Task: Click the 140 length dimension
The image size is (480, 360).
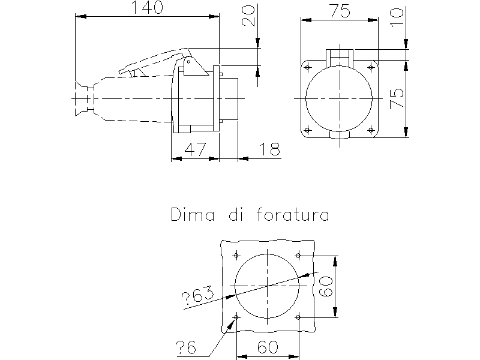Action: [x=147, y=7]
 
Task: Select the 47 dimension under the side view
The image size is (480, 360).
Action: [x=196, y=149]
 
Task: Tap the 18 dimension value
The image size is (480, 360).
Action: [x=269, y=149]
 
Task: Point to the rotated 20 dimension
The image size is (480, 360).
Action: [x=248, y=16]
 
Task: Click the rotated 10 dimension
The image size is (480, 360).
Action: [x=397, y=18]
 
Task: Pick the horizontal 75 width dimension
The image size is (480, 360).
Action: [x=340, y=11]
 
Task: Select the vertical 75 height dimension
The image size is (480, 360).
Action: [x=397, y=98]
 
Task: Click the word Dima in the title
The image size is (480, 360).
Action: [x=193, y=214]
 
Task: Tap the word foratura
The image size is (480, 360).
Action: [x=293, y=214]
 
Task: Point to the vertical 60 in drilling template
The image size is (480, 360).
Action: [x=326, y=286]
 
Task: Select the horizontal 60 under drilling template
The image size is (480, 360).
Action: [x=268, y=347]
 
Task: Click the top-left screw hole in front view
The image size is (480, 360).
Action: [x=308, y=67]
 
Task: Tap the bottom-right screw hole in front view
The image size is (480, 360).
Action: [x=371, y=130]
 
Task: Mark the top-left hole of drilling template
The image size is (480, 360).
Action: [x=236, y=255]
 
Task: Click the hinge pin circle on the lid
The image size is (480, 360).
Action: [x=189, y=62]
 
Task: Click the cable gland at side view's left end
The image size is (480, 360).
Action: [x=85, y=99]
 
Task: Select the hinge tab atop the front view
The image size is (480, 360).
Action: [x=340, y=57]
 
